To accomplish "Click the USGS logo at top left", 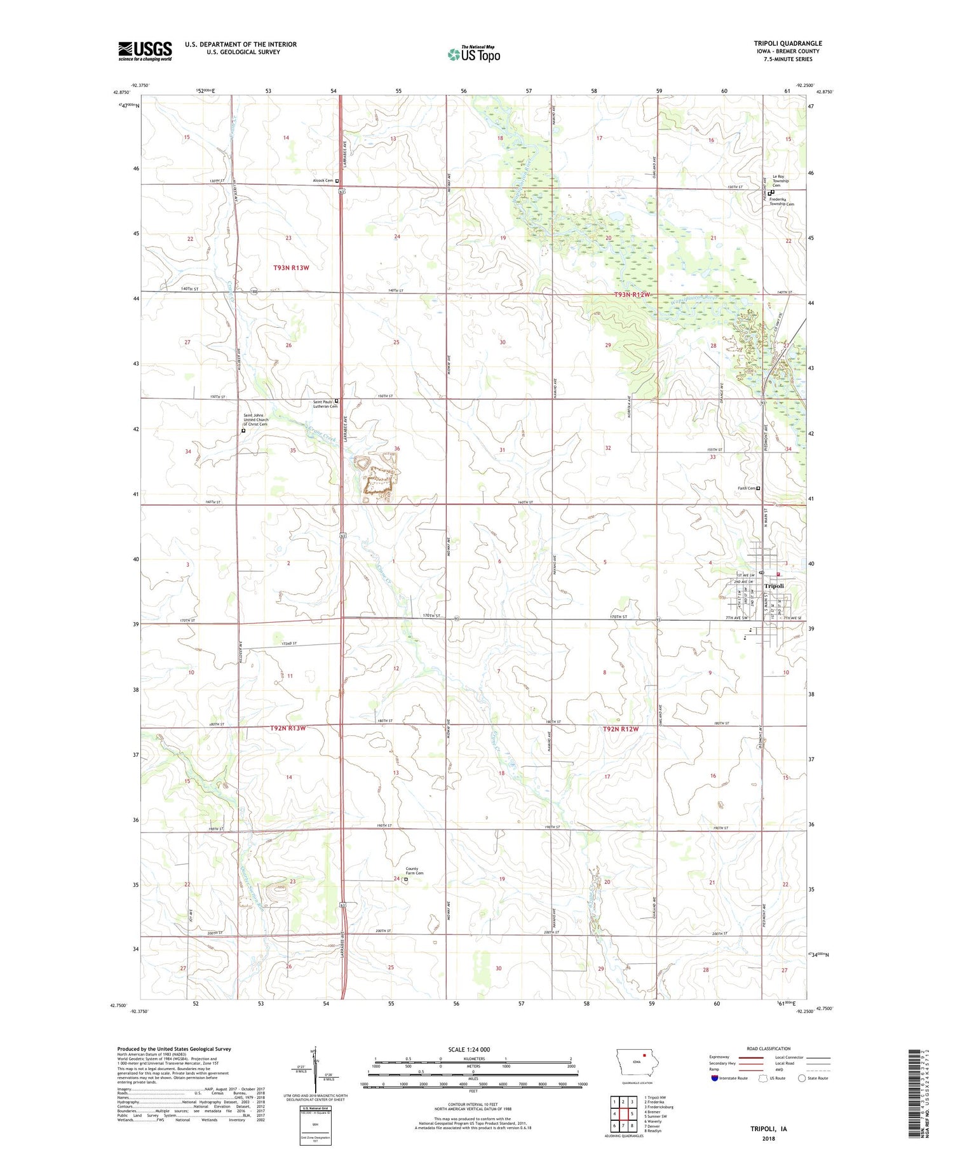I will tap(145, 51).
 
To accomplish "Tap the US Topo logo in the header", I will tap(473, 55).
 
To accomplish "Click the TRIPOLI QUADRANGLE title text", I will tap(787, 43).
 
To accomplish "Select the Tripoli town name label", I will tap(774, 586).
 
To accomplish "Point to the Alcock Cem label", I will tap(322, 180).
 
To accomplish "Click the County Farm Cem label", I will tap(414, 871).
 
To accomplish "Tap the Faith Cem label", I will tap(746, 488).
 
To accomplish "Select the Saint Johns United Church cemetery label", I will tap(255, 419).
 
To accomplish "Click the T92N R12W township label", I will tap(620, 729).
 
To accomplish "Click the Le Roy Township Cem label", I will tap(780, 180).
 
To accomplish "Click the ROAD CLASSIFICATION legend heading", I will tap(769, 1048).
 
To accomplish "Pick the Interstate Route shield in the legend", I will tap(714, 1078).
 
